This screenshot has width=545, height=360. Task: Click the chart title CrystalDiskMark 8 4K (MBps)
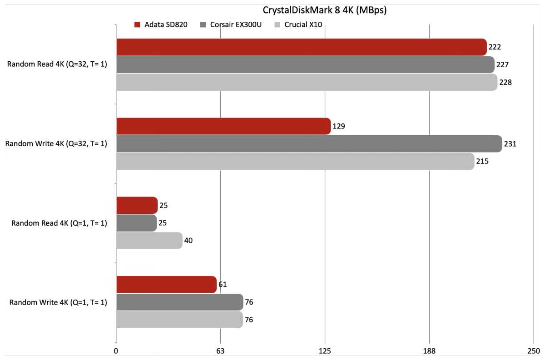click(x=325, y=10)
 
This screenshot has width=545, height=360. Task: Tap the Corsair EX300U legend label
click(x=236, y=25)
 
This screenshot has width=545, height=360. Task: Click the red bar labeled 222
click(x=302, y=47)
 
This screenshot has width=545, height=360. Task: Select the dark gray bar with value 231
click(x=309, y=144)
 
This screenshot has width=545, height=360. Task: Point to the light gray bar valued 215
click(x=295, y=161)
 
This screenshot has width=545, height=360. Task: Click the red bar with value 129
click(x=223, y=126)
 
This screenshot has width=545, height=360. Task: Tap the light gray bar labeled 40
click(x=149, y=240)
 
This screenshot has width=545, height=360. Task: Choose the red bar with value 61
click(x=166, y=285)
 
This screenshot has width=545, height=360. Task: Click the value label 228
click(x=505, y=82)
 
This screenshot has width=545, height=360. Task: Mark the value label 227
click(x=502, y=65)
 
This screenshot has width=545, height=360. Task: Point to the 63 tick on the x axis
click(x=221, y=351)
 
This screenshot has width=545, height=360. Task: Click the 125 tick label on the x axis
click(x=325, y=351)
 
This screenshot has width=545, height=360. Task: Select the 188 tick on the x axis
click(x=429, y=351)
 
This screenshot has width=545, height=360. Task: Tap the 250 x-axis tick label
click(x=533, y=351)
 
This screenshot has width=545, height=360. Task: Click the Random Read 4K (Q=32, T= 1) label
click(x=57, y=64)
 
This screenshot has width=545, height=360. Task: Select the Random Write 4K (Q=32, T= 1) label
click(x=56, y=144)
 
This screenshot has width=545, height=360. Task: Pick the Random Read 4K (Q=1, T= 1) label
click(x=59, y=223)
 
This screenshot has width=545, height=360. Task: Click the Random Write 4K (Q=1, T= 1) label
click(x=58, y=302)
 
